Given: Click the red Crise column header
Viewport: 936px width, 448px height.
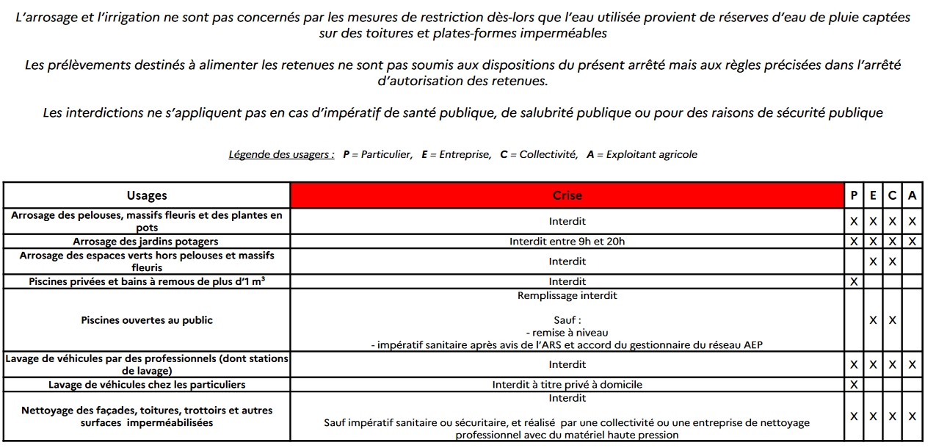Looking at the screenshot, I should [x=567, y=195].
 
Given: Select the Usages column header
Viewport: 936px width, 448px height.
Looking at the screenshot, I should [x=147, y=195].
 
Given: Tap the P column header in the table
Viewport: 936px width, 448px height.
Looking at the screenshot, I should [x=854, y=195].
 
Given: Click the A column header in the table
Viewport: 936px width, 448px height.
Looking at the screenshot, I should [x=912, y=195].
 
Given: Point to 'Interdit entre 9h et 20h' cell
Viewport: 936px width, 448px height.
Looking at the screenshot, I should [x=567, y=241].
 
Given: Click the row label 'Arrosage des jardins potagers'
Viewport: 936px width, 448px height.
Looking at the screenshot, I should [x=145, y=241].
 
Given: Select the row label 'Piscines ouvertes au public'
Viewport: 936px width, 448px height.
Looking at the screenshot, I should [x=147, y=320].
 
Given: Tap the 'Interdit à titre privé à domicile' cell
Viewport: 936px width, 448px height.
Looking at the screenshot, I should [x=567, y=384].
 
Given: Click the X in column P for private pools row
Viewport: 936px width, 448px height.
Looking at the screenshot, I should [x=854, y=281].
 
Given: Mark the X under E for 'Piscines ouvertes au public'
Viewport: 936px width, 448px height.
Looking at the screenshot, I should [x=873, y=320].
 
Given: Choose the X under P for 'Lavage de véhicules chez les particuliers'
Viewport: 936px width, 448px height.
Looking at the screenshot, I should [x=854, y=384].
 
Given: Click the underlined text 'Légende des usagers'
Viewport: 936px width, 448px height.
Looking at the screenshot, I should [x=281, y=154].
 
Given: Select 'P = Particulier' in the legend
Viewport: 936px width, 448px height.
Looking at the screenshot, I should [x=377, y=154].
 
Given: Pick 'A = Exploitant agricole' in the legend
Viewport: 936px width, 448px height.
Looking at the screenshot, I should [x=642, y=154].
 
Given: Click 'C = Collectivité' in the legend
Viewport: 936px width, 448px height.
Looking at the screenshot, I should [x=539, y=154].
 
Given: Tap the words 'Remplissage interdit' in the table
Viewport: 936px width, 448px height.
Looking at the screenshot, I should [x=567, y=295].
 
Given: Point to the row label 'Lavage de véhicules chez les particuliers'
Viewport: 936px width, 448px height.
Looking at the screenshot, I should [x=147, y=384].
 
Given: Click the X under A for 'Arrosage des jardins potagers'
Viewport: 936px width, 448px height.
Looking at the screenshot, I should [x=912, y=241].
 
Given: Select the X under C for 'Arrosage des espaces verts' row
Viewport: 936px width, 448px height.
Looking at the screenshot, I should [x=892, y=261].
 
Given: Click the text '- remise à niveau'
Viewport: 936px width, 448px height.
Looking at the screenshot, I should [x=567, y=333].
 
